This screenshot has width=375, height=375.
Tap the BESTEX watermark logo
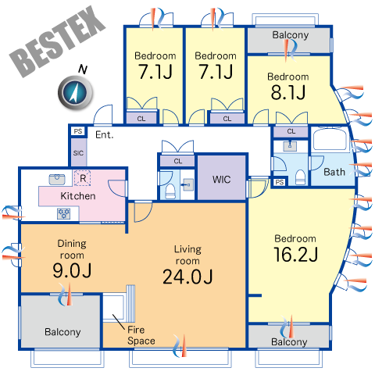pyautogui.click(x=58, y=41)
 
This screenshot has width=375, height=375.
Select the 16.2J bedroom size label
pyautogui.click(x=295, y=255)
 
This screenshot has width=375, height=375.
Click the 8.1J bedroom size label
pyautogui.click(x=288, y=92)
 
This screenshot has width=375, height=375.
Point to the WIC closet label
pyautogui.click(x=221, y=180)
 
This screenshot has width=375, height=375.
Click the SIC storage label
pyautogui.click(x=78, y=153)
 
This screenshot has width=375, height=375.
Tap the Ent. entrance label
pyautogui.click(x=105, y=134)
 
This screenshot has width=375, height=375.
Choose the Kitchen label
pyautogui.click(x=78, y=196)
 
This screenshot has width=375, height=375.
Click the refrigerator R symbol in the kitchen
pyautogui.click(x=83, y=178)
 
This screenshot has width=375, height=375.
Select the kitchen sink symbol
pyautogui.click(x=57, y=180)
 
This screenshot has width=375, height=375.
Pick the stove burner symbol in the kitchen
pyautogui.click(x=64, y=213)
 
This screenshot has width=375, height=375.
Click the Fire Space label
pyautogui.click(x=141, y=335)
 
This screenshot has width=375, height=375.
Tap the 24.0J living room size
pyautogui.click(x=187, y=277)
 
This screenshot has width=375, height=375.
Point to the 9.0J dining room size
pyautogui.click(x=72, y=270)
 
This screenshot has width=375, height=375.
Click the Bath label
pyautogui.click(x=334, y=172)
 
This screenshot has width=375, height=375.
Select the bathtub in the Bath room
pyautogui.click(x=330, y=141)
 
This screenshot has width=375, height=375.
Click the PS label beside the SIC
pyautogui.click(x=78, y=131)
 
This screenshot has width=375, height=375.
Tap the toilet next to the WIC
pyautogui.click(x=170, y=191)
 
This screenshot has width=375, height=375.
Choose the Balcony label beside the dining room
pyautogui.click(x=62, y=332)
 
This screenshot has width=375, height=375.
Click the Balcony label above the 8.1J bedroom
pyautogui.click(x=291, y=35)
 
